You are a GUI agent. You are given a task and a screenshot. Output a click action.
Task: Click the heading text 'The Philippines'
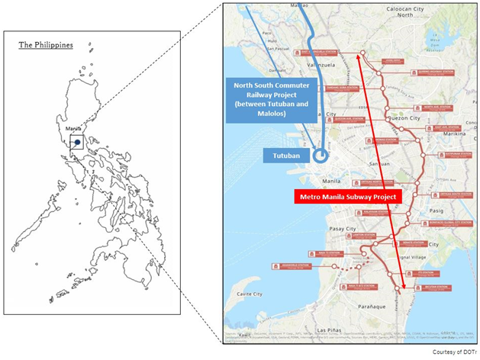[x=46, y=45]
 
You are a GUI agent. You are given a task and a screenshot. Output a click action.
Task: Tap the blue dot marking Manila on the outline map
[x=77, y=141]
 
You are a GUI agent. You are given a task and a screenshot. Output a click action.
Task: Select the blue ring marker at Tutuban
[x=321, y=156]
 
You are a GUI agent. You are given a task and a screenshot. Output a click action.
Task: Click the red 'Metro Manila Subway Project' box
[x=340, y=198]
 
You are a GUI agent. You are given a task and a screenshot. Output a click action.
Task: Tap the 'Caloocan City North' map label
[x=414, y=11]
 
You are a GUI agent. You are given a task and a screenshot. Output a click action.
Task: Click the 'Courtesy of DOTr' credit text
[x=455, y=352]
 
